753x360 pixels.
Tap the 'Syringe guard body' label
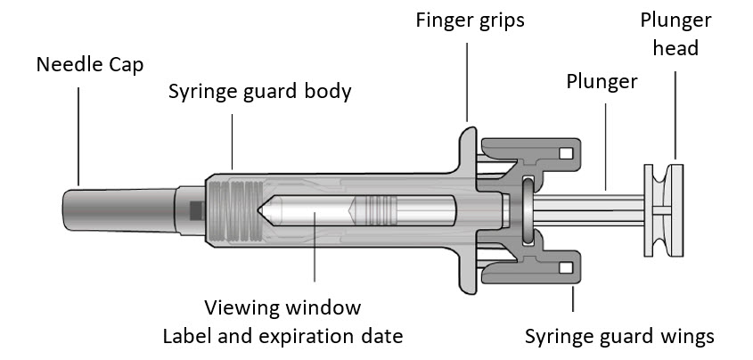coord(260,91)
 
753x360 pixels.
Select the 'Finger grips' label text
coord(470,19)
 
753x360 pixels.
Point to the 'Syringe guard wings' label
coord(619,337)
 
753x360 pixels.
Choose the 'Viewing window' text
coord(282,308)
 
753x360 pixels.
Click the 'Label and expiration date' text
coord(282,337)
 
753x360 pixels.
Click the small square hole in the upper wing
coord(564,151)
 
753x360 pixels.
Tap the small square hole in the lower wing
coord(564,267)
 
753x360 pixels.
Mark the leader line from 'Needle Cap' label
coord(78,134)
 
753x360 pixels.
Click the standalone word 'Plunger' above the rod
coord(602,82)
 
